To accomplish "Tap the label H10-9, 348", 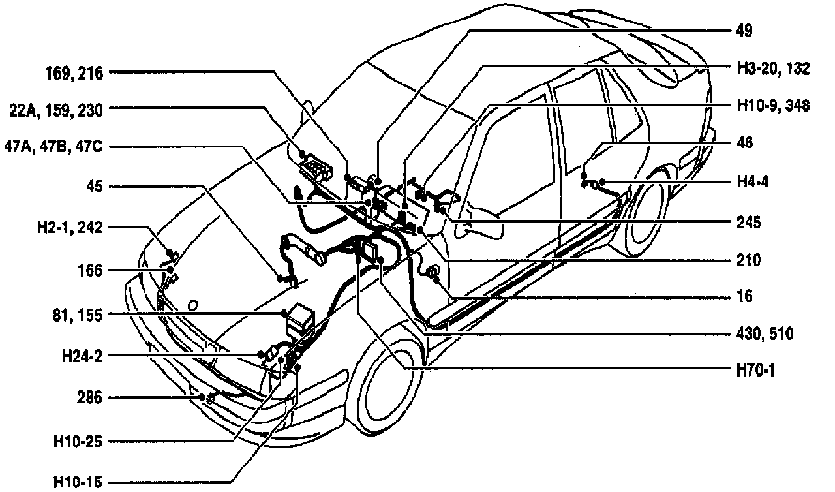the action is click(768, 106).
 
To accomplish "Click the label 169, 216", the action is click(75, 73).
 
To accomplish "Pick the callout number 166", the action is click(89, 269).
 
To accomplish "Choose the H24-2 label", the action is click(80, 356).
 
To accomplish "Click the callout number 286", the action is click(89, 397).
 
